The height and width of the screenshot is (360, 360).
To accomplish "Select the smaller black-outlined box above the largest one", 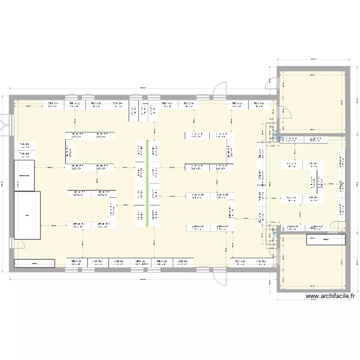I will (x=24, y=175).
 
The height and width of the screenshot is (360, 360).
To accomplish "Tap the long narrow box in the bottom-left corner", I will (x=35, y=263).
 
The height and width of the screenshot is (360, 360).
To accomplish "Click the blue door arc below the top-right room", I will (x=276, y=136).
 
